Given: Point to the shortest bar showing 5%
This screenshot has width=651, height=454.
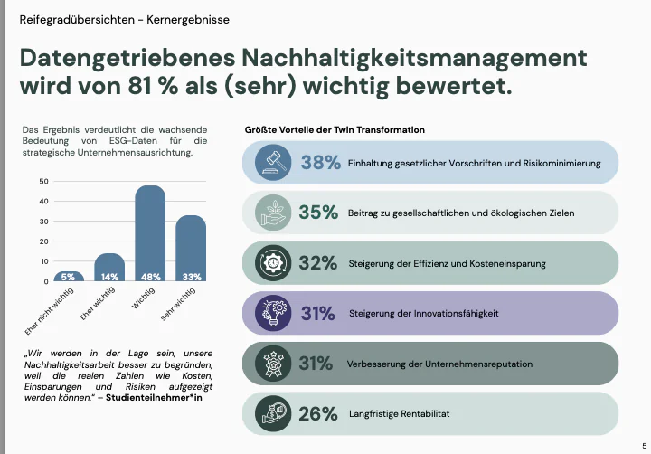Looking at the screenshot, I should pyautogui.click(x=69, y=276).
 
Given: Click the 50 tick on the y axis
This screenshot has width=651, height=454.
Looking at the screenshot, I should pyautogui.click(x=43, y=181).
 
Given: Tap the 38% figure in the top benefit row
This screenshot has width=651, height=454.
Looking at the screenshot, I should pyautogui.click(x=320, y=163).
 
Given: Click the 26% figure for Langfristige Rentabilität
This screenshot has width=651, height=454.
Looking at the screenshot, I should pyautogui.click(x=317, y=414).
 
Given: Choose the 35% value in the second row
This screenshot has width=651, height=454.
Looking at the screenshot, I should pyautogui.click(x=317, y=213).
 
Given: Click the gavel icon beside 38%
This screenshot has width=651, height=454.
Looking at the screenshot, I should pyautogui.click(x=273, y=163).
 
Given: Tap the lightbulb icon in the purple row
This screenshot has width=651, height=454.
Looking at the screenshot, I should pyautogui.click(x=273, y=313).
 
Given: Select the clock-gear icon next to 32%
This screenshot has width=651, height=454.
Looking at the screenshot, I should pyautogui.click(x=273, y=263).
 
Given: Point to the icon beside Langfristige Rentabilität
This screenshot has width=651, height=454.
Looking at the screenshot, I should pyautogui.click(x=273, y=413).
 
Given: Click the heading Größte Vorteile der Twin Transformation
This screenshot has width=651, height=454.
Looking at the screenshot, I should pyautogui.click(x=335, y=130).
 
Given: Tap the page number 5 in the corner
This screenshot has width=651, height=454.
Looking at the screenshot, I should pyautogui.click(x=643, y=445).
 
